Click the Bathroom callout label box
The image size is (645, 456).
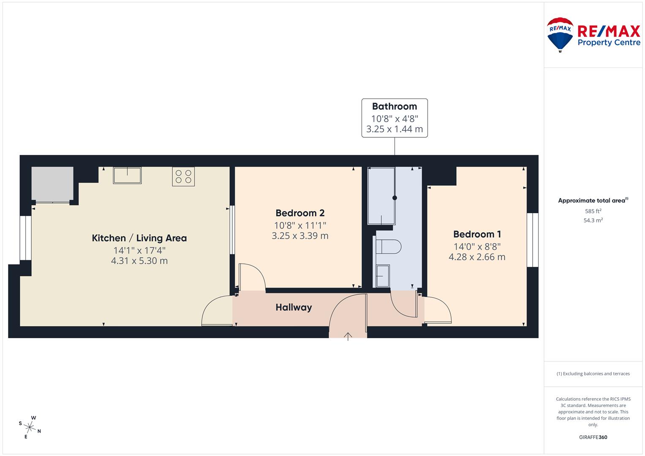pyautogui.click(x=395, y=118)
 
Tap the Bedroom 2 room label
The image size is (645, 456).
pyautogui.click(x=300, y=213)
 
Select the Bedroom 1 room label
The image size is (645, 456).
pyautogui.click(x=477, y=234)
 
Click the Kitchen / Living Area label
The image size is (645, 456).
pyautogui.click(x=139, y=238)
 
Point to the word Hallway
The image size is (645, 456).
pyautogui.click(x=294, y=307)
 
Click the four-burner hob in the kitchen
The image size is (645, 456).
pyautogui.click(x=183, y=176)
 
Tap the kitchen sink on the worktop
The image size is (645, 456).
pyautogui.click(x=127, y=175)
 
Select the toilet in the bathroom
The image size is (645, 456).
pyautogui.click(x=389, y=247)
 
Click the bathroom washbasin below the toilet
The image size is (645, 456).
pyautogui.click(x=383, y=276)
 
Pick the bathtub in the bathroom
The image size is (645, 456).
pyautogui.click(x=381, y=196)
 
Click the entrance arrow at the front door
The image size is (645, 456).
pyautogui.click(x=348, y=336)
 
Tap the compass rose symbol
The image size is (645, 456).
pyautogui.click(x=30, y=427)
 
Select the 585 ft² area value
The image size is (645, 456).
pyautogui.click(x=593, y=211)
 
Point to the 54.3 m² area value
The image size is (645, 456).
pyautogui.click(x=593, y=220)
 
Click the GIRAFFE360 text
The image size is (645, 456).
pyautogui.click(x=593, y=437)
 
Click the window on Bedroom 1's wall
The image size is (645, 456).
pyautogui.click(x=532, y=240)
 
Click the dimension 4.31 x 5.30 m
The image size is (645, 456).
pyautogui.click(x=139, y=261)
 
